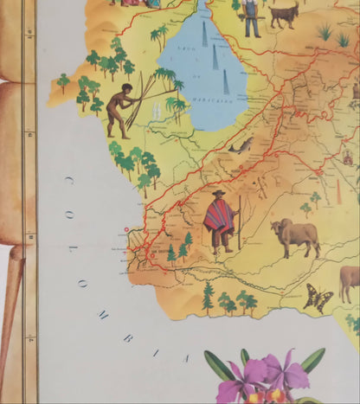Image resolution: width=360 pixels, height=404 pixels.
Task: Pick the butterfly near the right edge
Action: (x=318, y=298)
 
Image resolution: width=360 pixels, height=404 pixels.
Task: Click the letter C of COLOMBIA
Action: (x=67, y=179)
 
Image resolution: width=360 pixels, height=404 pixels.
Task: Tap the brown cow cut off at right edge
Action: (x=350, y=279)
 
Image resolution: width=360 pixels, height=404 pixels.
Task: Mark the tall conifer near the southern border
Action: (x=208, y=296)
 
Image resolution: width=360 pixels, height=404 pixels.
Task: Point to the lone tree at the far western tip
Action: (x=63, y=83)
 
